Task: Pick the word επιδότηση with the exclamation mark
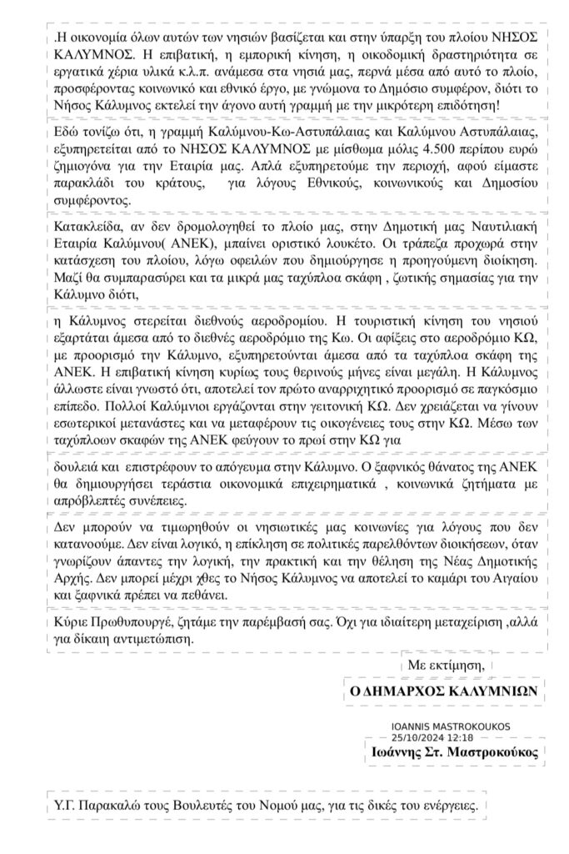coord(490,107)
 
